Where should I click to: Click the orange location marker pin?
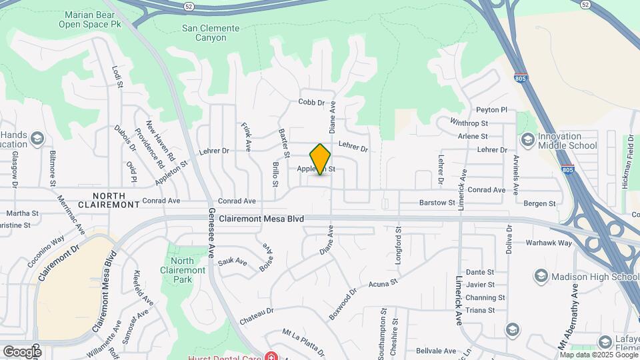tap(321, 159)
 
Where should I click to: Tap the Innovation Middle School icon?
tap(527, 140)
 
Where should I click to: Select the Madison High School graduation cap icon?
tap(540, 277)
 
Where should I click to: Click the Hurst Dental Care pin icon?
tap(272, 356)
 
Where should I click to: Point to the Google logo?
tap(22, 351)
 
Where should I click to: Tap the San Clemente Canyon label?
tap(211, 33)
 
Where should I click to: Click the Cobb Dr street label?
tap(311, 103)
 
